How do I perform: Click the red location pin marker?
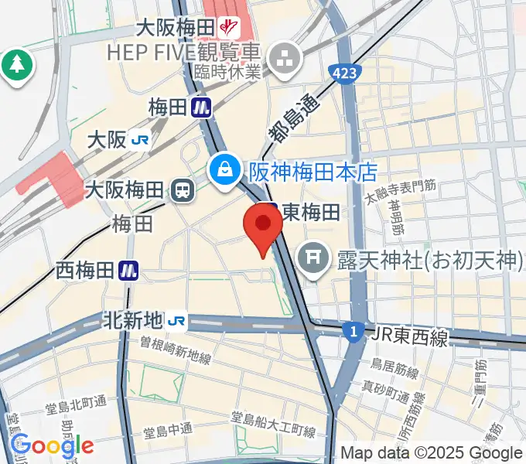[263, 227]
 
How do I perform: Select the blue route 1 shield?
[354, 331]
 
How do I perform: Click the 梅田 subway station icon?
[203, 106]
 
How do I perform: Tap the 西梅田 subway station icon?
[128, 270]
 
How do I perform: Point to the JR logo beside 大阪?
[140, 140]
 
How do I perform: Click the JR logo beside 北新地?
[177, 320]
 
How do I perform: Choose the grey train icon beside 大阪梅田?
[183, 189]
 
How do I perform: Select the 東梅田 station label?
[310, 211]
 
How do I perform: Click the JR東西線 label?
[409, 336]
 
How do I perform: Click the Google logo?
[52, 445]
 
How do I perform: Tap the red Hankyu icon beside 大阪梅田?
[228, 28]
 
